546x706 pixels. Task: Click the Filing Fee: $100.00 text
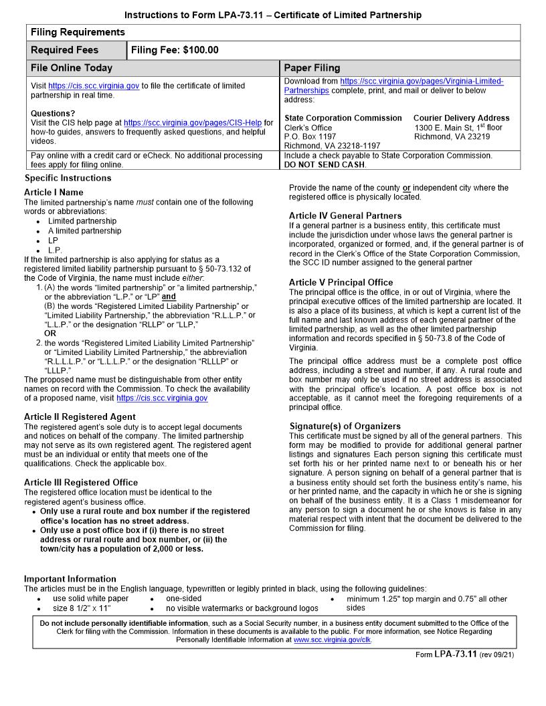(x=175, y=50)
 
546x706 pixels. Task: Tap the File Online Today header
(x=72, y=68)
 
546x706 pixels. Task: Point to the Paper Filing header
(x=312, y=68)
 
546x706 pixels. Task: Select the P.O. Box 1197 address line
(x=310, y=136)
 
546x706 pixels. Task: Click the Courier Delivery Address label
(x=461, y=118)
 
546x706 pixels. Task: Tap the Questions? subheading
(x=53, y=114)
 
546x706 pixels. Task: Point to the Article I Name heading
(x=54, y=193)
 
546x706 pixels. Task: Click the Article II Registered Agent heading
(x=80, y=417)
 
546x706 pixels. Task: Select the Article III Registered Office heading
(x=80, y=482)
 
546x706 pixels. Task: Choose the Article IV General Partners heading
(x=345, y=216)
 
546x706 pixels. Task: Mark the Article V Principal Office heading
(x=341, y=282)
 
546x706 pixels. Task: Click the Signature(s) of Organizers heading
(x=345, y=426)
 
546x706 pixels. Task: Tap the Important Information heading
(x=70, y=578)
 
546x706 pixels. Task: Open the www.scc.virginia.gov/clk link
(x=332, y=640)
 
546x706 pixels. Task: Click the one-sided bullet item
(x=183, y=599)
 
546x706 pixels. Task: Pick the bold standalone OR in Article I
(x=50, y=333)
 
